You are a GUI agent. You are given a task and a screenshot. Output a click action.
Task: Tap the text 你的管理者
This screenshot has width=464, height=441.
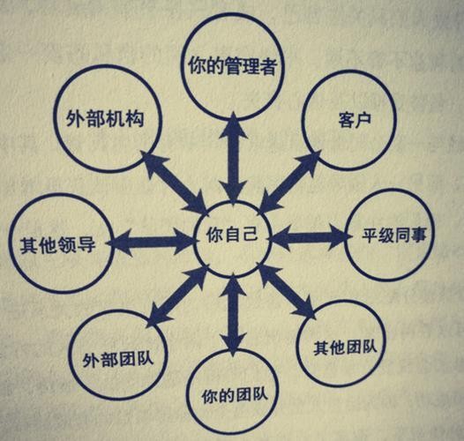tap(233, 66)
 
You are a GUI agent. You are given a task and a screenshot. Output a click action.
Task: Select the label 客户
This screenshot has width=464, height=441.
tap(355, 121)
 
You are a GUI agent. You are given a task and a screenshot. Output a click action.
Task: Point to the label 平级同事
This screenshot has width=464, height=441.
tap(394, 235)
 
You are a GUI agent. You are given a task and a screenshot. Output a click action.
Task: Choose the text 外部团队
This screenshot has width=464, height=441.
tap(118, 359)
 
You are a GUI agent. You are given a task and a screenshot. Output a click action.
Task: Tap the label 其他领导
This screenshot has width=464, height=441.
tap(58, 245)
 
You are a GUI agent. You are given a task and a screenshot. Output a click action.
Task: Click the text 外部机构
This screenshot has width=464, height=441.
tap(105, 119)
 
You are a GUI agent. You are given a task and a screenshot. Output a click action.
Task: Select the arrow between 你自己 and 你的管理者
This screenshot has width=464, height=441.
tap(234, 160)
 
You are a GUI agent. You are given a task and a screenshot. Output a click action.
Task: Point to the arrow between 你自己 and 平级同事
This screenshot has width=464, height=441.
tap(311, 235)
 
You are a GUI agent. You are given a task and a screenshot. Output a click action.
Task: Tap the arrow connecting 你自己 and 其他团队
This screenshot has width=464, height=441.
tap(287, 292)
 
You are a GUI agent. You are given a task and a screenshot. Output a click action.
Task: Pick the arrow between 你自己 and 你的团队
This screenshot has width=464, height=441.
tap(234, 315)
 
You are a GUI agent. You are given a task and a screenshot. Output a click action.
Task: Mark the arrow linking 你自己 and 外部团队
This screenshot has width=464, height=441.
tap(177, 297)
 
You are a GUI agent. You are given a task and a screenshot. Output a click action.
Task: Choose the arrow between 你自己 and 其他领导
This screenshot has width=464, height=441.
tap(150, 242)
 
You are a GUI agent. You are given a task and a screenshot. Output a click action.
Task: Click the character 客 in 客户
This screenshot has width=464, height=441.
tap(346, 121)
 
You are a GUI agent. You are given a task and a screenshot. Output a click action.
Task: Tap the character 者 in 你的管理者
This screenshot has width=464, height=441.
tap(268, 66)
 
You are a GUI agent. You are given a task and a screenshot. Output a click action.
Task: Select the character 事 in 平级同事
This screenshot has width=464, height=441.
tap(419, 235)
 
